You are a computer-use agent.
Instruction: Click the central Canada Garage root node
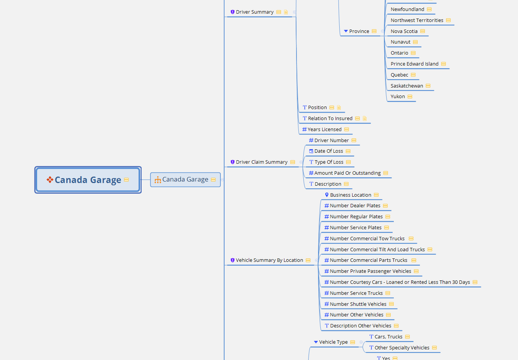(88, 180)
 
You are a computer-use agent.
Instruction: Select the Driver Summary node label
(254, 12)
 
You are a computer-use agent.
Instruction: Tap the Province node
(359, 31)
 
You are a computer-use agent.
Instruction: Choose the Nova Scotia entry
(404, 31)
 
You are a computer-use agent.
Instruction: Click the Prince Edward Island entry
(414, 64)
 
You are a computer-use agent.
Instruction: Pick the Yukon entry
(398, 97)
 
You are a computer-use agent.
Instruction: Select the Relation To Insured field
(330, 119)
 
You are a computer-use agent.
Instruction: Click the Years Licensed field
(324, 130)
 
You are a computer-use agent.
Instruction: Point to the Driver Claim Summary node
(261, 162)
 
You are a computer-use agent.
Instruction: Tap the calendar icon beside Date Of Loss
(311, 151)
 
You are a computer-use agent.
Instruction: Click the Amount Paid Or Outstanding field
(347, 173)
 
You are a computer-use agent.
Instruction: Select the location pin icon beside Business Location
(327, 195)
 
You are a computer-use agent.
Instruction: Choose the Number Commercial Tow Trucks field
(367, 239)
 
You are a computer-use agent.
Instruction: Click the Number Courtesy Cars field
(399, 282)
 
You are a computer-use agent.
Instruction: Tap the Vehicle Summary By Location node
(269, 260)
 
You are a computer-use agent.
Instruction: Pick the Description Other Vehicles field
(360, 326)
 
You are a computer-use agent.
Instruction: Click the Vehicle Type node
(333, 342)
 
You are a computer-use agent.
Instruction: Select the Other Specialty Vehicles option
(402, 348)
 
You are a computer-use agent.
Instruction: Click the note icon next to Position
(339, 108)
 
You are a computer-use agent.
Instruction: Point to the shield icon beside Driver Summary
(232, 12)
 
